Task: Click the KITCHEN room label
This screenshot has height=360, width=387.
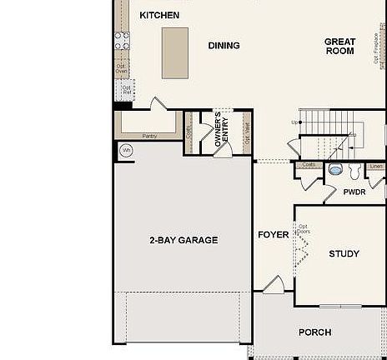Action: tap(159, 15)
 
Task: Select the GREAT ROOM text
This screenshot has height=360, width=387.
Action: tap(339, 47)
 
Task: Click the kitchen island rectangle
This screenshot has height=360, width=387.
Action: tap(175, 52)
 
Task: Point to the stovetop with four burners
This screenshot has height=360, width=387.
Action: tap(122, 41)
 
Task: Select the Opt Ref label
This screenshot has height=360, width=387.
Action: tap(127, 88)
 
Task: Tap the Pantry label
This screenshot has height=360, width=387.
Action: tap(149, 136)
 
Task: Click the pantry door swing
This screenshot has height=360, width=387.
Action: tap(158, 104)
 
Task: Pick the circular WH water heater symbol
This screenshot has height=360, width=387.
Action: tap(126, 151)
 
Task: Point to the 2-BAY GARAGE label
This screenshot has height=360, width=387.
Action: tap(183, 240)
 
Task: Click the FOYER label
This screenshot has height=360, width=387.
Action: tap(273, 235)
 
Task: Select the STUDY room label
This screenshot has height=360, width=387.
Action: tap(344, 254)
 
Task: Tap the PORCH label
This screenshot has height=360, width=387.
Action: tap(315, 332)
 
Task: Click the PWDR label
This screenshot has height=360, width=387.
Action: tap(354, 192)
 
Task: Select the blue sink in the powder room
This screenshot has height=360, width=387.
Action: tap(336, 168)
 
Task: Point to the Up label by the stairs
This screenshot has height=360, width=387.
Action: tap(294, 123)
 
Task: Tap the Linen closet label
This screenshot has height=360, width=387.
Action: tap(376, 166)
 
